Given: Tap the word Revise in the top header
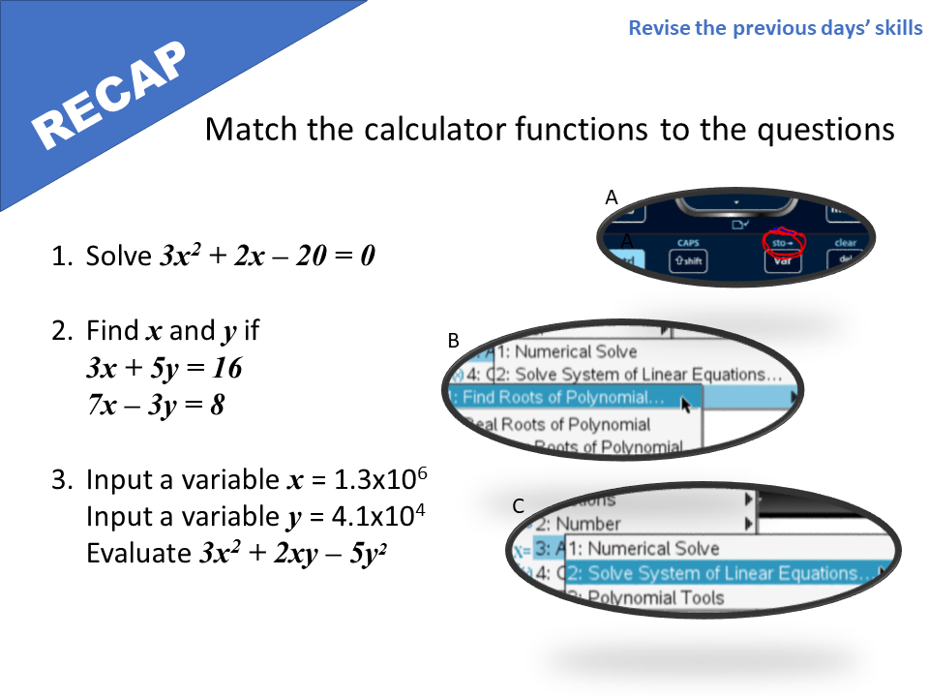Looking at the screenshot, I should point(659,27).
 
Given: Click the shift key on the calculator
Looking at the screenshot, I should point(689,261).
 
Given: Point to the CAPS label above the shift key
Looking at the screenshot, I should point(689,243).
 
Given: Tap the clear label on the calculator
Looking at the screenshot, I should point(845,243).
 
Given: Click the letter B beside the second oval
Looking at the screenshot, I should point(453,341).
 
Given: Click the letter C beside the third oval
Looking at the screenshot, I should point(519,506).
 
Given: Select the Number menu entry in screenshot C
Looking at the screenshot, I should point(586,525).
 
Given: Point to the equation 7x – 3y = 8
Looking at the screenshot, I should point(156,405).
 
